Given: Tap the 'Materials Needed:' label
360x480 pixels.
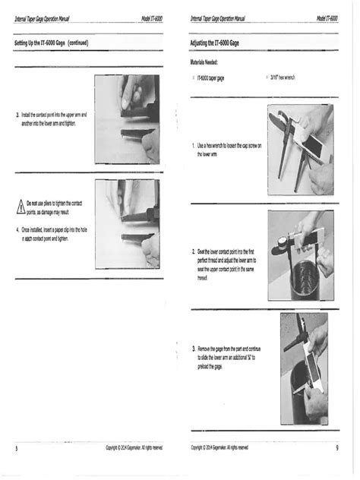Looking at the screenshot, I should (208, 64).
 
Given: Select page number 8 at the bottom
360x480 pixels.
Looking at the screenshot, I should (16, 448).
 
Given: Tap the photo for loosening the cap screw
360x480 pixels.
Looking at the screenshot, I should (300, 149).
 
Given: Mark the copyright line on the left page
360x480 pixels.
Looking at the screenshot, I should (134, 448).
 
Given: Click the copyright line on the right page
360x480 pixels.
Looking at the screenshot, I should (219, 448).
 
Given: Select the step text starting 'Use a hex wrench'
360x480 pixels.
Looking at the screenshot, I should (229, 149).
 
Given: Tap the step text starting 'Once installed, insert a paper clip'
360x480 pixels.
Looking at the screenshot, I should (53, 233).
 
